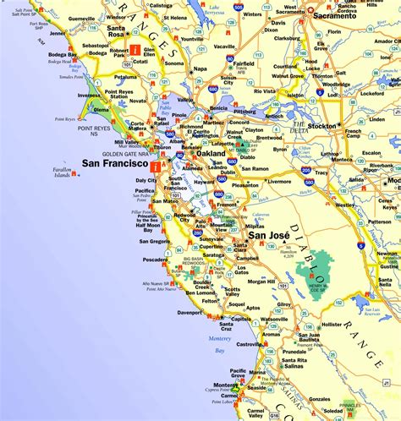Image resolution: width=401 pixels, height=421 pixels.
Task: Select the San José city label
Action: tap(269, 246)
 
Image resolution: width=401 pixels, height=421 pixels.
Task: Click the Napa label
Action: tap(200, 68)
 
